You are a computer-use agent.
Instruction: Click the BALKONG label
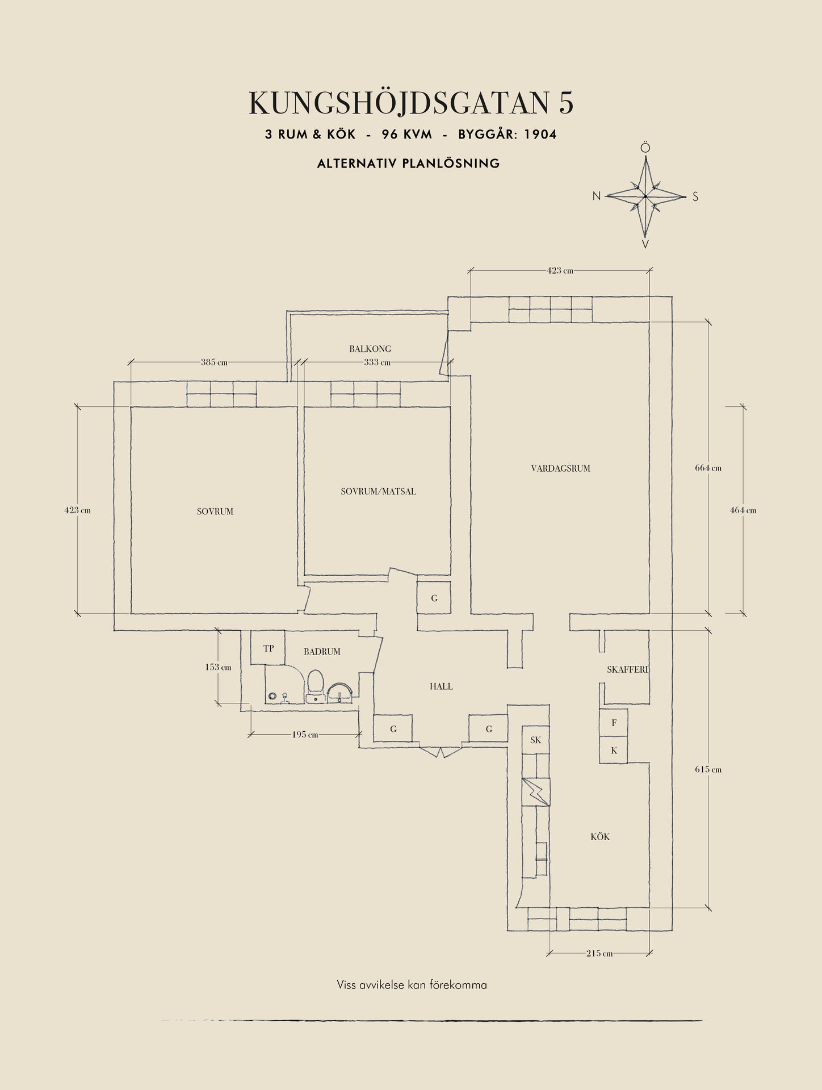[370, 349]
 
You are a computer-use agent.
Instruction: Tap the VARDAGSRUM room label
[560, 468]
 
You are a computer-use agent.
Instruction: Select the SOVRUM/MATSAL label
[378, 492]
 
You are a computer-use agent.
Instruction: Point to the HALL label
[441, 686]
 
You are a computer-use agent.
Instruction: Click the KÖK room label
[600, 837]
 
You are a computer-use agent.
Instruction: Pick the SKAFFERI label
[627, 670]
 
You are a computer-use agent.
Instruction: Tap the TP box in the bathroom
[267, 648]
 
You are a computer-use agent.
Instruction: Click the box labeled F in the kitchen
[614, 723]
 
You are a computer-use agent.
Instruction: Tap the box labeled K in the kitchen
[614, 750]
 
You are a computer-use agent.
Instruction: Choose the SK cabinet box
[535, 740]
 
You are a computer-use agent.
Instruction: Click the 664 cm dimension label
[708, 468]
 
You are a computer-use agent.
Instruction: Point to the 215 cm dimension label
[599, 953]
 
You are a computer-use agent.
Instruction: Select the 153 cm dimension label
[218, 667]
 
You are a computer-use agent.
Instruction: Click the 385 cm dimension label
[214, 362]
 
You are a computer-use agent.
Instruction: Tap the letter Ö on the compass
[645, 148]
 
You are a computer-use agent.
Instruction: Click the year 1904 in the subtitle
[540, 135]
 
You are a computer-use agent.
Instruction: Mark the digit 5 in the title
[566, 103]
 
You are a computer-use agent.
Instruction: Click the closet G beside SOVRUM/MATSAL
[434, 598]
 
